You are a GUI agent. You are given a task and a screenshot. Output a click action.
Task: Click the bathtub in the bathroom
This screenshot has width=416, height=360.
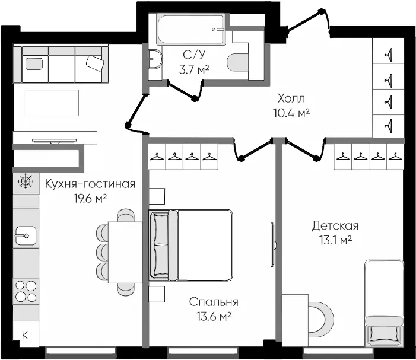(191, 29)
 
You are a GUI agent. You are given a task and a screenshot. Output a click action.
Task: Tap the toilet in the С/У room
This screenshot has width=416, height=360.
(238, 62)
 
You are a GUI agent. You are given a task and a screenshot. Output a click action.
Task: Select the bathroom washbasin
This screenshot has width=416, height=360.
(155, 59)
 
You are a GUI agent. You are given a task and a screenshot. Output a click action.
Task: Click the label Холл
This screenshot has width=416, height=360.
(291, 98)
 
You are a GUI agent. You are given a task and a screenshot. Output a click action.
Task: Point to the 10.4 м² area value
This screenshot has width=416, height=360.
(291, 113)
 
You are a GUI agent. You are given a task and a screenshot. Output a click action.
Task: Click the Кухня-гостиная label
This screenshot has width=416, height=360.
(90, 184)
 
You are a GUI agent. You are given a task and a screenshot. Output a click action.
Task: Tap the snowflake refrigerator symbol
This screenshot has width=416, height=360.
(26, 181)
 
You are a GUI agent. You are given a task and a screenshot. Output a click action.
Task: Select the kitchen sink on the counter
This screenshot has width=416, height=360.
(26, 235)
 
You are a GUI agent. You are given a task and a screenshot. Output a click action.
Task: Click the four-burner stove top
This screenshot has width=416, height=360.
(26, 291)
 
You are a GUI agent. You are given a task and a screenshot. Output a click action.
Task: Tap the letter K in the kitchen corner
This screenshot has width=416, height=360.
(25, 336)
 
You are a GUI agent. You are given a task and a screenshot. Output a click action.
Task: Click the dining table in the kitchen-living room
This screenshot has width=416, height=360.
(125, 252)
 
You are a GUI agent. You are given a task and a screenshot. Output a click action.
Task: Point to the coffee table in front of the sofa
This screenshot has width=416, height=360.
(52, 103)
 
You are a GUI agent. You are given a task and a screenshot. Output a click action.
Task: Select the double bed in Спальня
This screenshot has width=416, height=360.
(190, 245)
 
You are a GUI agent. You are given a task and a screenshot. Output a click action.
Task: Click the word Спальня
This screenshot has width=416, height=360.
(214, 302)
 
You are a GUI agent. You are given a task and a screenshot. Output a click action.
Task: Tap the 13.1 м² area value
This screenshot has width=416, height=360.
(335, 240)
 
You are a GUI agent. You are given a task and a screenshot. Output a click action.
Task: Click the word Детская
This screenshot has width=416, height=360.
(335, 226)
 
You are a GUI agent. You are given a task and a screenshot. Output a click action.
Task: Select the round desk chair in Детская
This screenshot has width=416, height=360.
(322, 318)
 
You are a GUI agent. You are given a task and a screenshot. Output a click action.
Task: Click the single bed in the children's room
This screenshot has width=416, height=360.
(384, 303)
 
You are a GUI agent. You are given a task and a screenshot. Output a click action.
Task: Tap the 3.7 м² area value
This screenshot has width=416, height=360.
(195, 70)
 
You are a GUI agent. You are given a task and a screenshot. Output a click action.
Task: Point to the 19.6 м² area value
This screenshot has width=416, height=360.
(90, 198)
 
